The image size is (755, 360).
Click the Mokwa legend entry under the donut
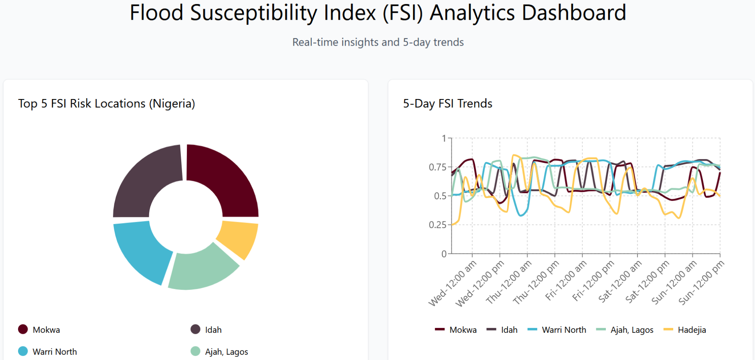[40, 330]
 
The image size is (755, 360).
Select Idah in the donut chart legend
[207, 330]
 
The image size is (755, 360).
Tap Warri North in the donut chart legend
[48, 352]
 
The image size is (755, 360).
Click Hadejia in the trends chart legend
[686, 330]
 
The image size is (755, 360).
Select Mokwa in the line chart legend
[457, 330]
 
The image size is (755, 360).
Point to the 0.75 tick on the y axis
[437, 167]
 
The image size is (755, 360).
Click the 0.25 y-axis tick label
[437, 225]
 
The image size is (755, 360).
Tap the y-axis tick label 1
[444, 138]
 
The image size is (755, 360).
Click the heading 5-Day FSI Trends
[447, 103]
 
